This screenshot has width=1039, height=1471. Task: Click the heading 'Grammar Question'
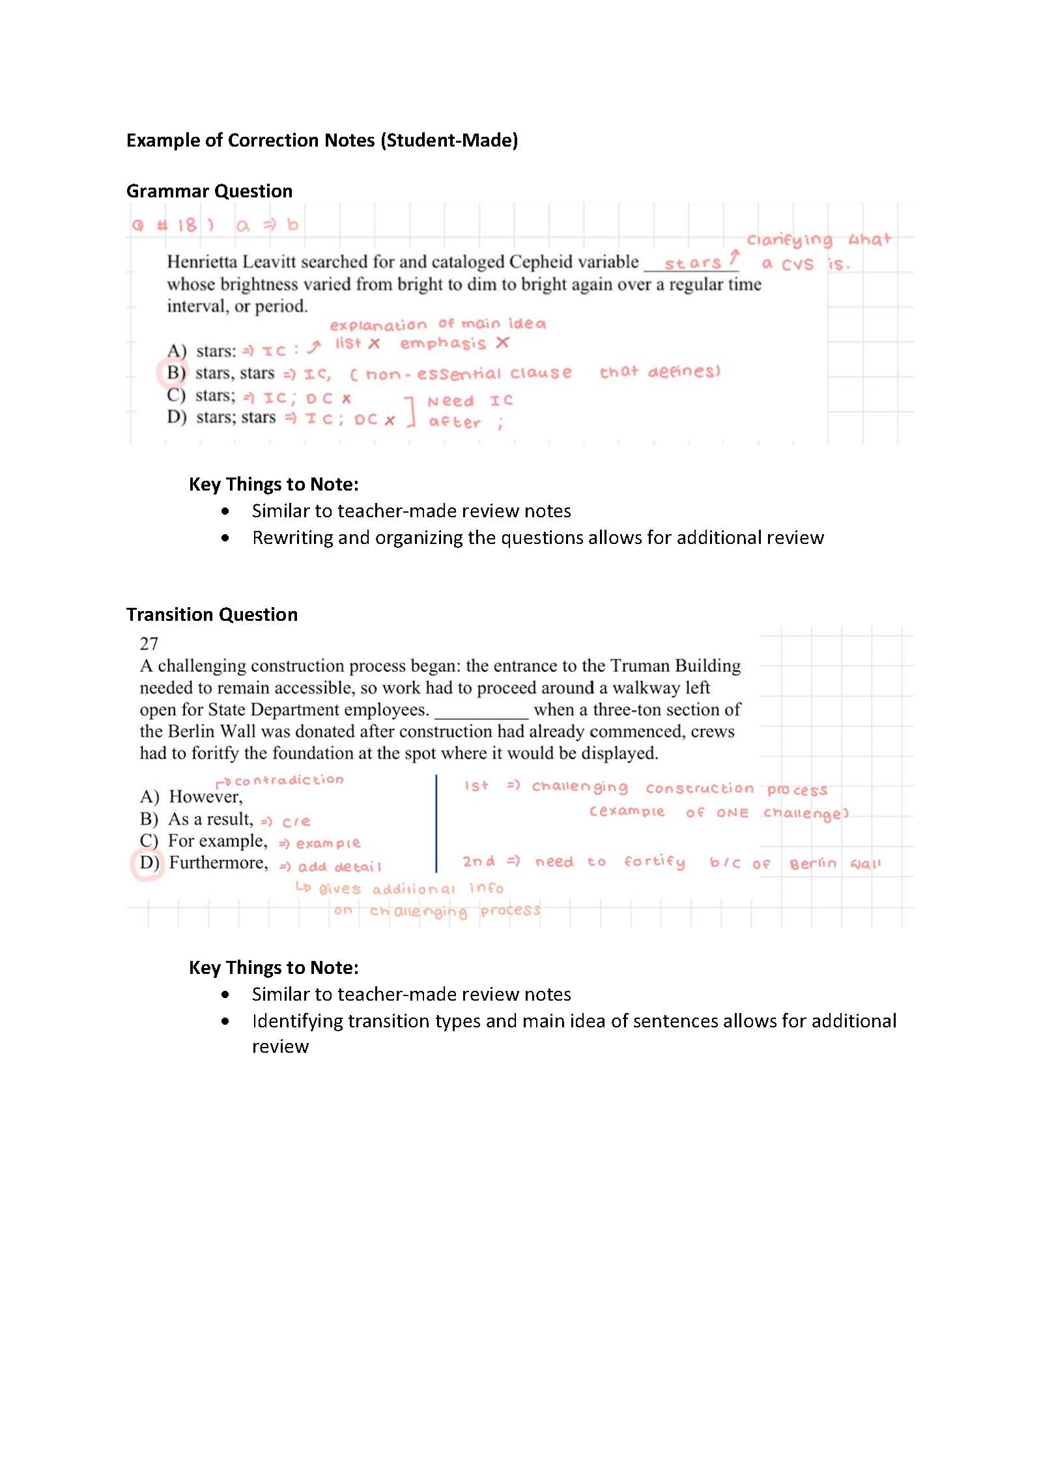tap(209, 191)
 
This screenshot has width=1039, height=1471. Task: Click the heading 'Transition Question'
tap(212, 614)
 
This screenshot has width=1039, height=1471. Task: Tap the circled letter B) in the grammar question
tap(175, 373)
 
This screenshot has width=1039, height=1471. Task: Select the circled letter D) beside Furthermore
tap(149, 863)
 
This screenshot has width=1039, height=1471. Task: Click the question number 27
tap(149, 644)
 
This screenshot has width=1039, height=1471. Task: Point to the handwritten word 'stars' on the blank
tap(692, 263)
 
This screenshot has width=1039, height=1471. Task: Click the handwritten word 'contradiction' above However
tap(289, 780)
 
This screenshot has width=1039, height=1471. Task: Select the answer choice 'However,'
tap(205, 797)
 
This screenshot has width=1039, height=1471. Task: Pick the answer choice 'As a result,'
tap(210, 819)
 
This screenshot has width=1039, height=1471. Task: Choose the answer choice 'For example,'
tap(218, 841)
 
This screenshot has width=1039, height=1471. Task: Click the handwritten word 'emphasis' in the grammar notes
tap(443, 344)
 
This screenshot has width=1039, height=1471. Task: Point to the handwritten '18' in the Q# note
tap(186, 225)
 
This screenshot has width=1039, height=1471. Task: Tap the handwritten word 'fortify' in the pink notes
tap(654, 862)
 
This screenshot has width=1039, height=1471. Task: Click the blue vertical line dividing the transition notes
tap(436, 823)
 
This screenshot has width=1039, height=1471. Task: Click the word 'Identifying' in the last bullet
tap(297, 1021)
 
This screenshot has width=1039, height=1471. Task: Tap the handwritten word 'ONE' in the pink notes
tap(732, 813)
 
